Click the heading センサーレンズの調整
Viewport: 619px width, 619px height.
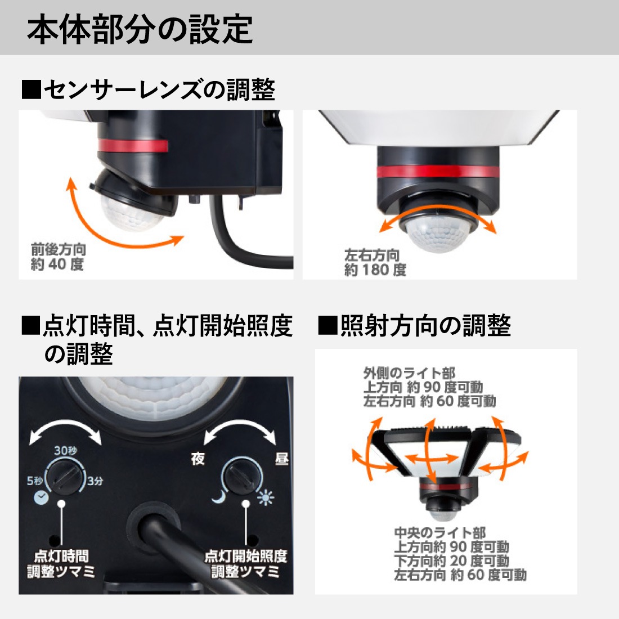(x=149, y=90)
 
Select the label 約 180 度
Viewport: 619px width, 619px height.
(x=375, y=270)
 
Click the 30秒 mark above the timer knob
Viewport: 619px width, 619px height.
(x=66, y=451)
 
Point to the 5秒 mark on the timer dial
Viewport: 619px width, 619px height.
(x=34, y=481)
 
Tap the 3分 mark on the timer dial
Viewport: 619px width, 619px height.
(x=95, y=481)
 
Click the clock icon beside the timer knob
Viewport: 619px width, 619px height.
(x=41, y=497)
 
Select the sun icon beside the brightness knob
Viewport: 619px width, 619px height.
(x=265, y=497)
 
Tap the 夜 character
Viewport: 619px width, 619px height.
(x=198, y=459)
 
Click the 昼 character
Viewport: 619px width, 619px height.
(x=281, y=459)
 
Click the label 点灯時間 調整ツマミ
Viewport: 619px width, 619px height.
(x=61, y=564)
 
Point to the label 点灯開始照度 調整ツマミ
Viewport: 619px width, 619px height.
(x=245, y=564)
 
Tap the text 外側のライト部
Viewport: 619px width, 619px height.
(x=409, y=373)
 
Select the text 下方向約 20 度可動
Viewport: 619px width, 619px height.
(x=451, y=560)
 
